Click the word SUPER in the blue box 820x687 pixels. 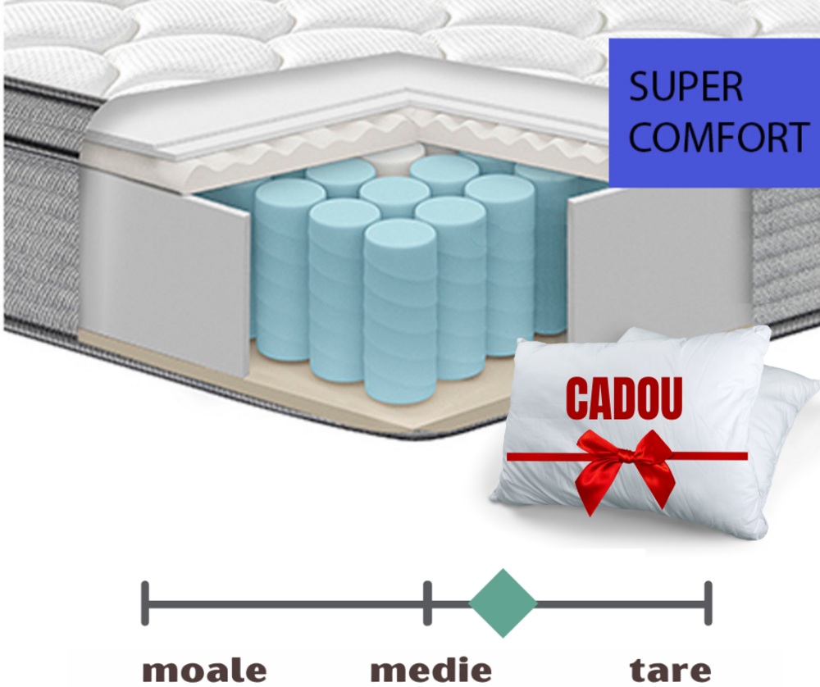[686, 87]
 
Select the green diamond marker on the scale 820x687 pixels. [503, 603]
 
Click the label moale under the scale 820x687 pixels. [205, 668]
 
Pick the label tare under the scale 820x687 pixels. [670, 668]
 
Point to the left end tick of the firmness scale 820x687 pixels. [145, 603]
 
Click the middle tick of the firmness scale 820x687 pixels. [427, 603]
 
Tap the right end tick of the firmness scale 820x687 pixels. [708, 603]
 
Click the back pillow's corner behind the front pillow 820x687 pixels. [791, 385]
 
